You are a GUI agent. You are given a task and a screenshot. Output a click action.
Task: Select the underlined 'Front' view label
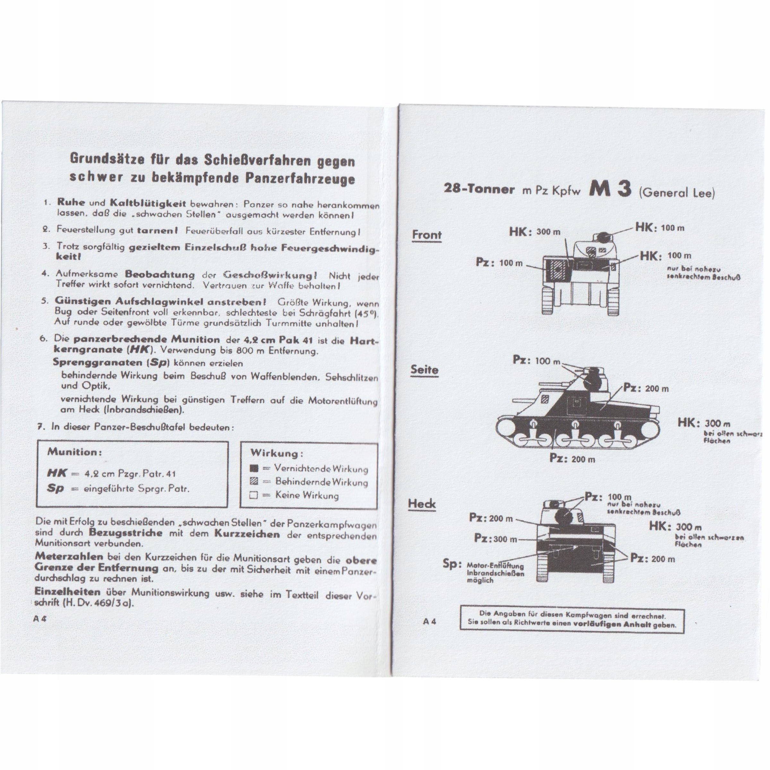[x=426, y=235]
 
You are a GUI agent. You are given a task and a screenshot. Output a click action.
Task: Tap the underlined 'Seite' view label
[x=424, y=370]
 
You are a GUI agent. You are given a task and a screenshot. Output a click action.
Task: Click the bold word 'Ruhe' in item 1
[x=71, y=202]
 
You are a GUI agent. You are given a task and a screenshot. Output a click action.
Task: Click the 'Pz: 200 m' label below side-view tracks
[x=572, y=459]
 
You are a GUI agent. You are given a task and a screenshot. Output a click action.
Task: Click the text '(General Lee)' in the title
[x=677, y=193]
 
